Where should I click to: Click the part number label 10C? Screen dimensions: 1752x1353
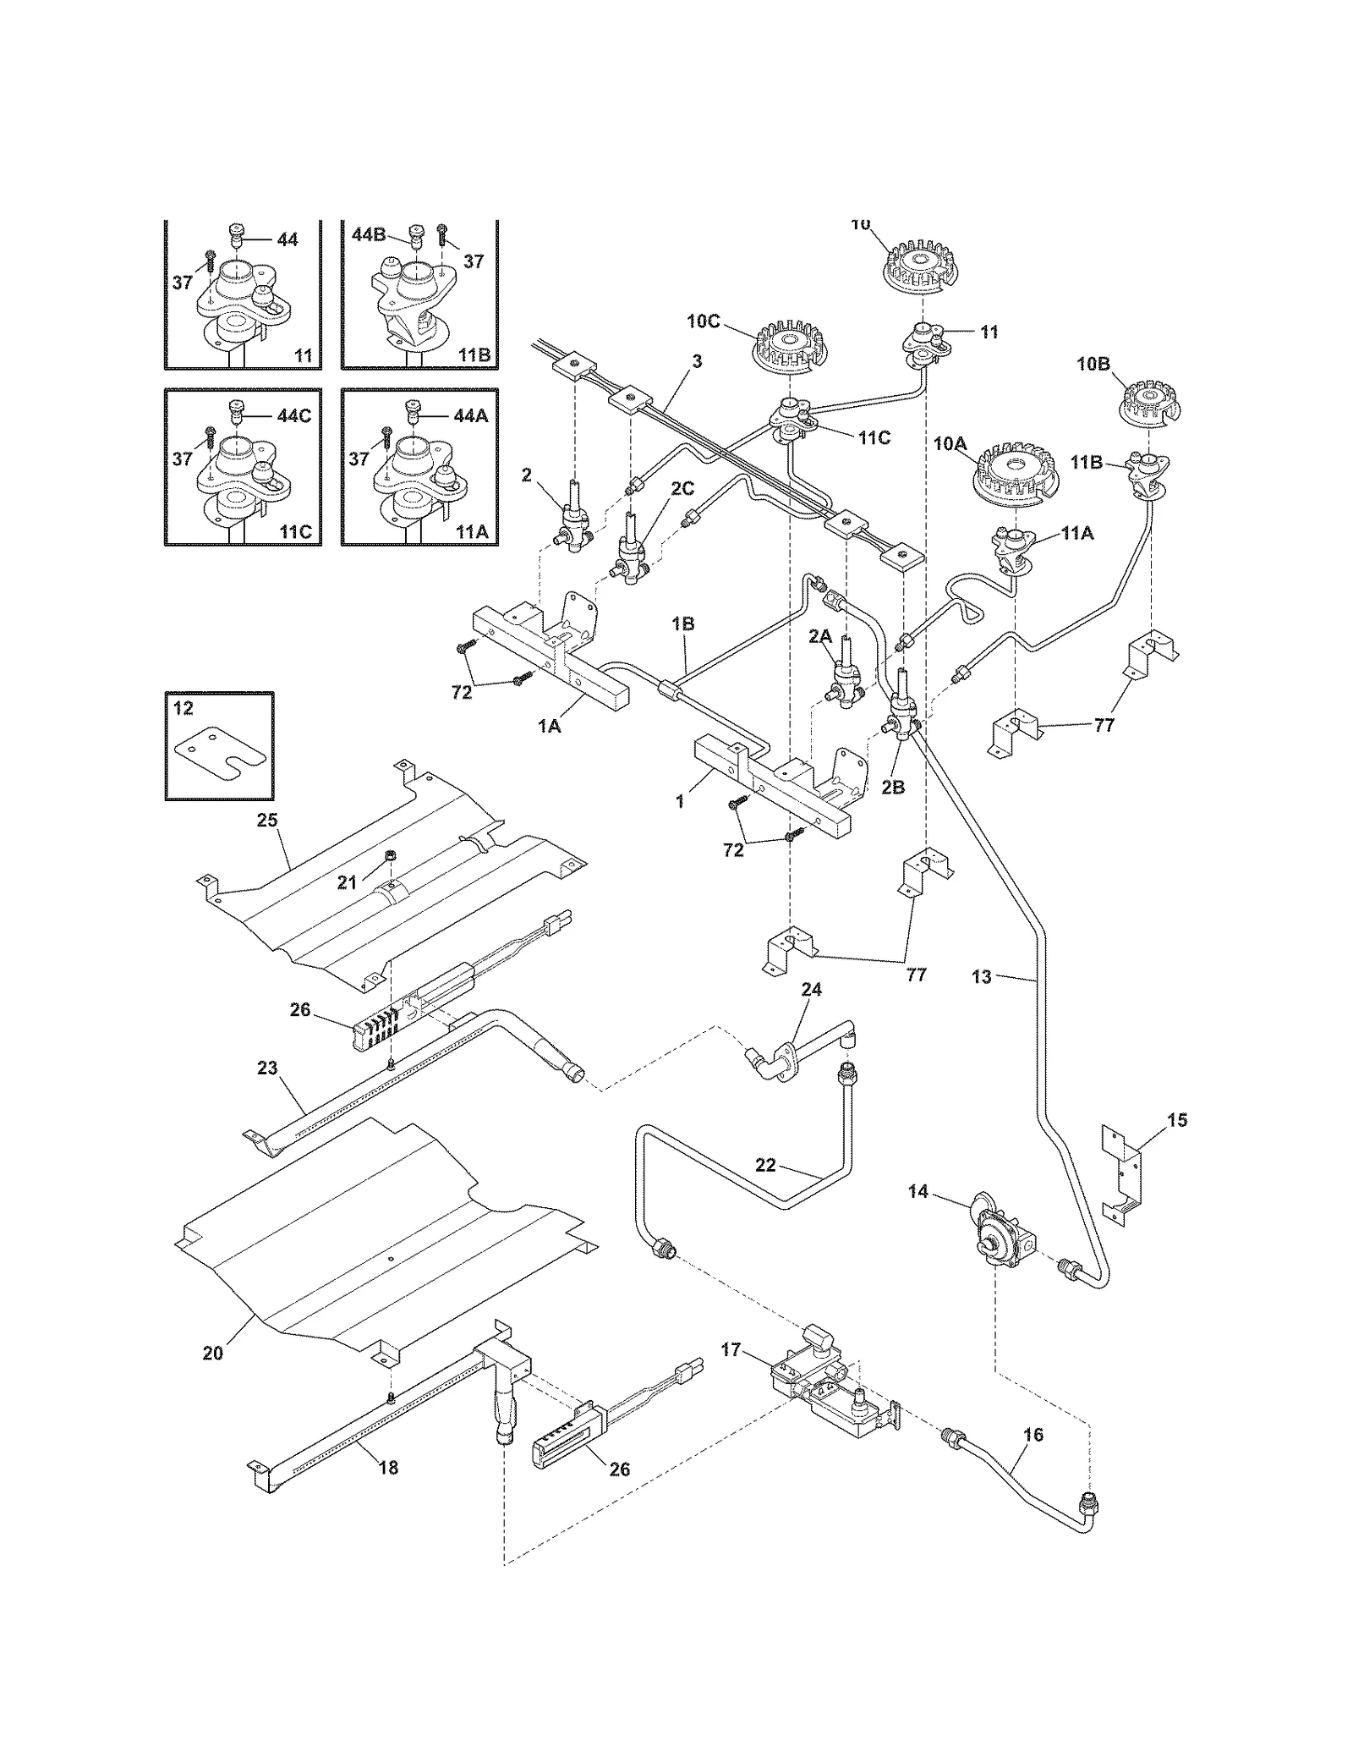pos(704,321)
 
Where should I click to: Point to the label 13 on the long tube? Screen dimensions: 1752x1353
pos(981,977)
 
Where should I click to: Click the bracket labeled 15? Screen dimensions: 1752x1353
pos(1123,1172)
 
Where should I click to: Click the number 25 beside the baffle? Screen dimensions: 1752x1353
pos(268,820)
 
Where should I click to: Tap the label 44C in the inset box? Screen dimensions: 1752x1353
pos(293,416)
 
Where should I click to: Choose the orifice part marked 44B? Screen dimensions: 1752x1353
pos(416,237)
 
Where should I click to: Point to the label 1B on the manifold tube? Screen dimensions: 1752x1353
pos(682,623)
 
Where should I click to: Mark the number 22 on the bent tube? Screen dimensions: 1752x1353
pos(765,1165)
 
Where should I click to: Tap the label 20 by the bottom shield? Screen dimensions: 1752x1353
pos(212,1354)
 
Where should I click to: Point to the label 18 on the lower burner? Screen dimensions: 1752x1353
pos(388,1468)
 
